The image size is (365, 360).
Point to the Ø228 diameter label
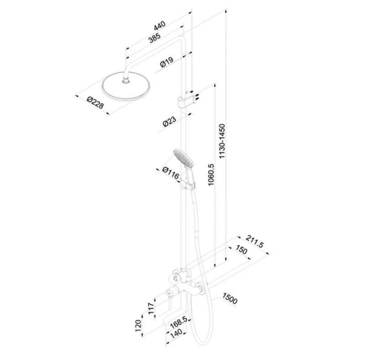tap(95, 104)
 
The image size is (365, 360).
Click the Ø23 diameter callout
tap(169, 122)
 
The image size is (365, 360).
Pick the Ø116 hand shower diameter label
tap(170, 174)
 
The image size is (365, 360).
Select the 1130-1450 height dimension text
tap(222, 141)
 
